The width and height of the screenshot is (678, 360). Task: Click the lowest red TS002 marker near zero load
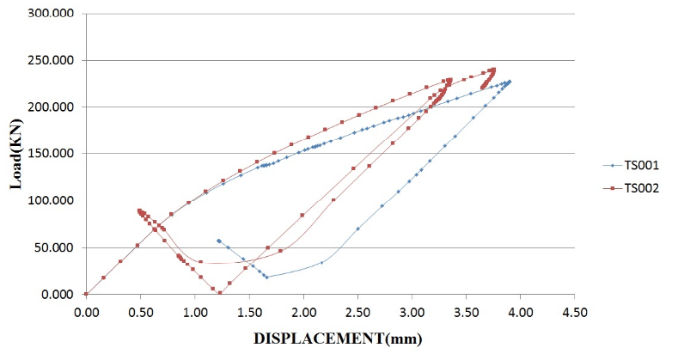[x=220, y=293]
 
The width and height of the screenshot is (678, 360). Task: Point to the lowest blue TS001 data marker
[x=266, y=277]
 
